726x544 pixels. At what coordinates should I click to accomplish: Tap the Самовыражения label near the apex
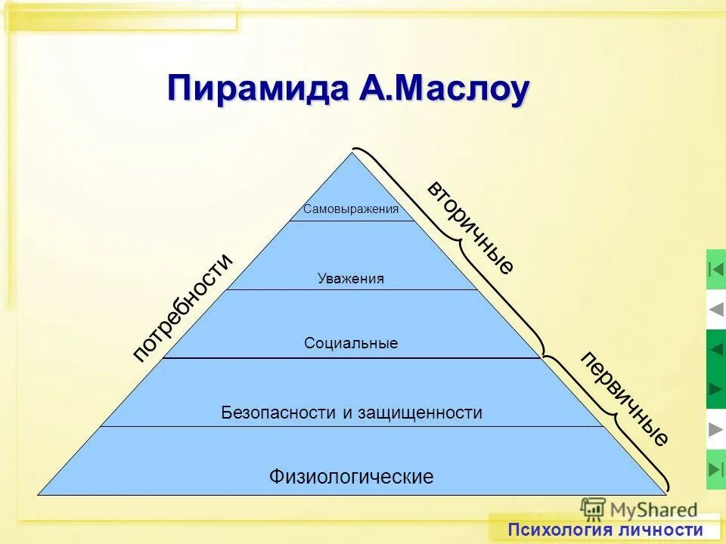coord(351,209)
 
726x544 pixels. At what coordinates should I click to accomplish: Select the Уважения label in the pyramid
coord(351,279)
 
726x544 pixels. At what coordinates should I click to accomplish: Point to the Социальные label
coord(351,344)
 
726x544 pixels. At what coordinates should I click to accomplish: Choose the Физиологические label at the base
coord(351,477)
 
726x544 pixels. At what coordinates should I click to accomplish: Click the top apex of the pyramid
coord(352,153)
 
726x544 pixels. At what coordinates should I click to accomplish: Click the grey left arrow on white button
coord(716,309)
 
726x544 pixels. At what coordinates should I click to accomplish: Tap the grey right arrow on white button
coord(716,429)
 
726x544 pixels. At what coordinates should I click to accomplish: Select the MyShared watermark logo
coord(639,508)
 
